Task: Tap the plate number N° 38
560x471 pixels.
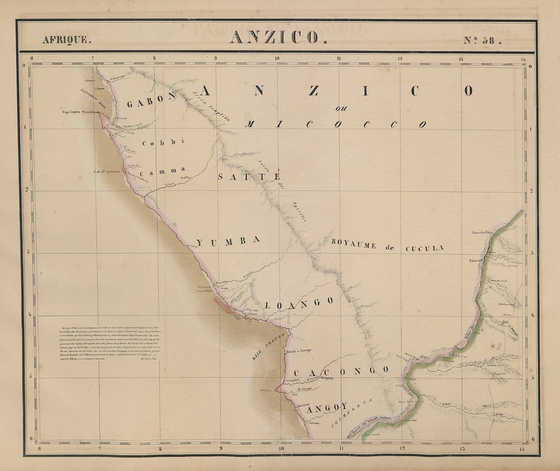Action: (x=482, y=40)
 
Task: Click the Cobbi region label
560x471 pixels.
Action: (x=162, y=142)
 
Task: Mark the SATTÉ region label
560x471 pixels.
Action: (x=249, y=176)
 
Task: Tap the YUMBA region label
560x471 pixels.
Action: (x=228, y=242)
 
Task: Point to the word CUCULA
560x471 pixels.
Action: (x=424, y=248)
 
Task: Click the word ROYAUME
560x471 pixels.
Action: (x=354, y=243)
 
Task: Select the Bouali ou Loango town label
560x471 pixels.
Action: (x=299, y=350)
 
